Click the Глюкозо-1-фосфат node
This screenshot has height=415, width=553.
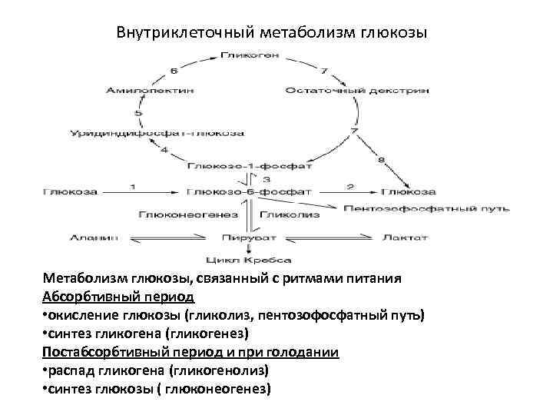point(250,166)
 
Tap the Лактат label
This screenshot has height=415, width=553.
point(406,237)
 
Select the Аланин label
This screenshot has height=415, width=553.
point(94,237)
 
